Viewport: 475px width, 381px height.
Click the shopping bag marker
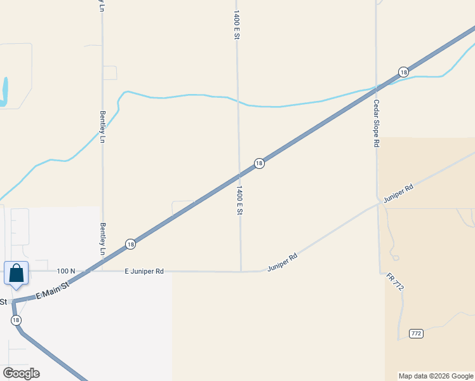[x=16, y=274]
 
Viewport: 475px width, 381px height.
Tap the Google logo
[x=21, y=373]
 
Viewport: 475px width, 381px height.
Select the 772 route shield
[x=416, y=333]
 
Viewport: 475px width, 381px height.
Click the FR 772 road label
[x=394, y=282]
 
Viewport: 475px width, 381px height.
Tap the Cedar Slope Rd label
[x=376, y=123]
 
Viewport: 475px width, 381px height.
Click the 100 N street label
[x=65, y=271]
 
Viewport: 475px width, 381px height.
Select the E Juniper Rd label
[x=144, y=271]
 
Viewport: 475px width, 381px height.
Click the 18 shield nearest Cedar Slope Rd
[x=403, y=72]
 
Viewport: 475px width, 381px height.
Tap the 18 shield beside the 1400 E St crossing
[x=259, y=163]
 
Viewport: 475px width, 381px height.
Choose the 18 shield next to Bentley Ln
[x=130, y=244]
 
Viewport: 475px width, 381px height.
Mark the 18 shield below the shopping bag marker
[x=16, y=320]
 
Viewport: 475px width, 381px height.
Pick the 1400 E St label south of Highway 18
[x=239, y=201]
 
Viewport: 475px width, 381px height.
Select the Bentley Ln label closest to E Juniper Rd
[x=102, y=238]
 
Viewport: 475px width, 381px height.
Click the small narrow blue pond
[x=5, y=91]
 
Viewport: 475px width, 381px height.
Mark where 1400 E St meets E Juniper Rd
[x=241, y=272]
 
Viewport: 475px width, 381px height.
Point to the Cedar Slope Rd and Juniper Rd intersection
[x=379, y=204]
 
